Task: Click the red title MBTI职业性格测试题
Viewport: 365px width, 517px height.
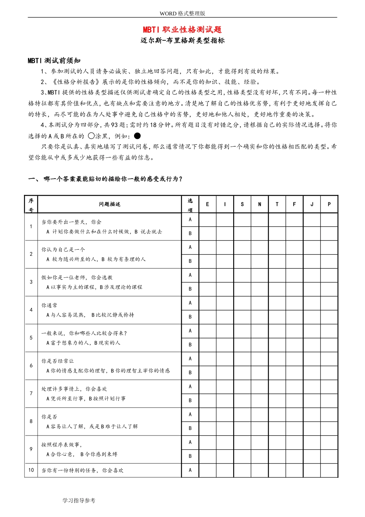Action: pyautogui.click(x=182, y=30)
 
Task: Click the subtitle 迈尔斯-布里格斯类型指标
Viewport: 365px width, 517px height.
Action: pyautogui.click(x=182, y=40)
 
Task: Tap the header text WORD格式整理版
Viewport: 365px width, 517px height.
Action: pyautogui.click(x=182, y=13)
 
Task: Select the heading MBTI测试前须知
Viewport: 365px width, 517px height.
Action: pyautogui.click(x=54, y=60)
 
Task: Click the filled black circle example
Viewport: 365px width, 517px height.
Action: pyautogui.click(x=137, y=136)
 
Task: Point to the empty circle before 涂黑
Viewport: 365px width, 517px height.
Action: pyautogui.click(x=91, y=136)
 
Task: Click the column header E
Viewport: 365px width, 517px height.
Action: pyautogui.click(x=207, y=204)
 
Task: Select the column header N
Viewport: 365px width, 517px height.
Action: pyautogui.click(x=259, y=204)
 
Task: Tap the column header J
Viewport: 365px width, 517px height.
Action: pyautogui.click(x=312, y=204)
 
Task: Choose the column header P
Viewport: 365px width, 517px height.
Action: pyautogui.click(x=329, y=204)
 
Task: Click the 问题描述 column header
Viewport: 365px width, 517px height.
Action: pyautogui.click(x=109, y=204)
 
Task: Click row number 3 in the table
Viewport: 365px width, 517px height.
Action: pyautogui.click(x=31, y=282)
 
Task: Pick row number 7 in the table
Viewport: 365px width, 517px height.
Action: pyautogui.click(x=31, y=394)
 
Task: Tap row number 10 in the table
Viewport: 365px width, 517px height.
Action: pyautogui.click(x=31, y=470)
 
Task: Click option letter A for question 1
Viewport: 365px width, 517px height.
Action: pyautogui.click(x=190, y=220)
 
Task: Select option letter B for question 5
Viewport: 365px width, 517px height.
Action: pyautogui.click(x=190, y=345)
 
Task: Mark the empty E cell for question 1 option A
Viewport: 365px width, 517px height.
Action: pyautogui.click(x=207, y=220)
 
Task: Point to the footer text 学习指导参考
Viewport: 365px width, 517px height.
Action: pyautogui.click(x=79, y=500)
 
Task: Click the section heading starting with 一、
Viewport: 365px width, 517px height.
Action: pyautogui.click(x=105, y=179)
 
